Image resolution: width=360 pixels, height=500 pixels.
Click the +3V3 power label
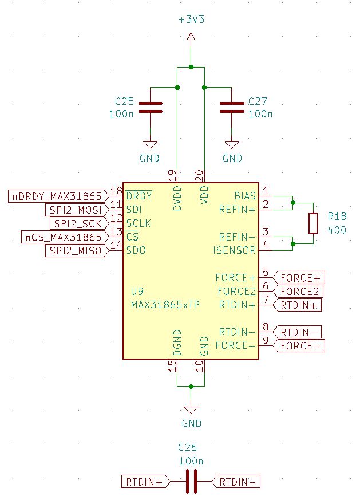(x=191, y=19)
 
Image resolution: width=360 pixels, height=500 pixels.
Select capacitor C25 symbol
(x=150, y=107)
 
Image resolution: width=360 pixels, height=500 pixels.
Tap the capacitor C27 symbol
(x=232, y=107)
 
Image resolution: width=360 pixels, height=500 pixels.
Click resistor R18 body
(x=312, y=223)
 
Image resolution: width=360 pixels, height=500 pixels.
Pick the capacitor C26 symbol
(x=191, y=482)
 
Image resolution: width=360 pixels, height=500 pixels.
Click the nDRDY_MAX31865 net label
(x=58, y=196)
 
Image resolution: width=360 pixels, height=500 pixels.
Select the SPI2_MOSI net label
(x=76, y=210)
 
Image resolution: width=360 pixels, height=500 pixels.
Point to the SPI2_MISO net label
(x=76, y=251)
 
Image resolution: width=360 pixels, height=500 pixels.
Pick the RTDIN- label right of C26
(x=236, y=482)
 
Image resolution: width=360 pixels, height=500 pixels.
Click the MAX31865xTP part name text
(x=165, y=305)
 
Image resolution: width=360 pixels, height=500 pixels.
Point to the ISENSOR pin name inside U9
(x=234, y=250)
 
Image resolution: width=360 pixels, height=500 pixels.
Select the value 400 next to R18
(x=337, y=229)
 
